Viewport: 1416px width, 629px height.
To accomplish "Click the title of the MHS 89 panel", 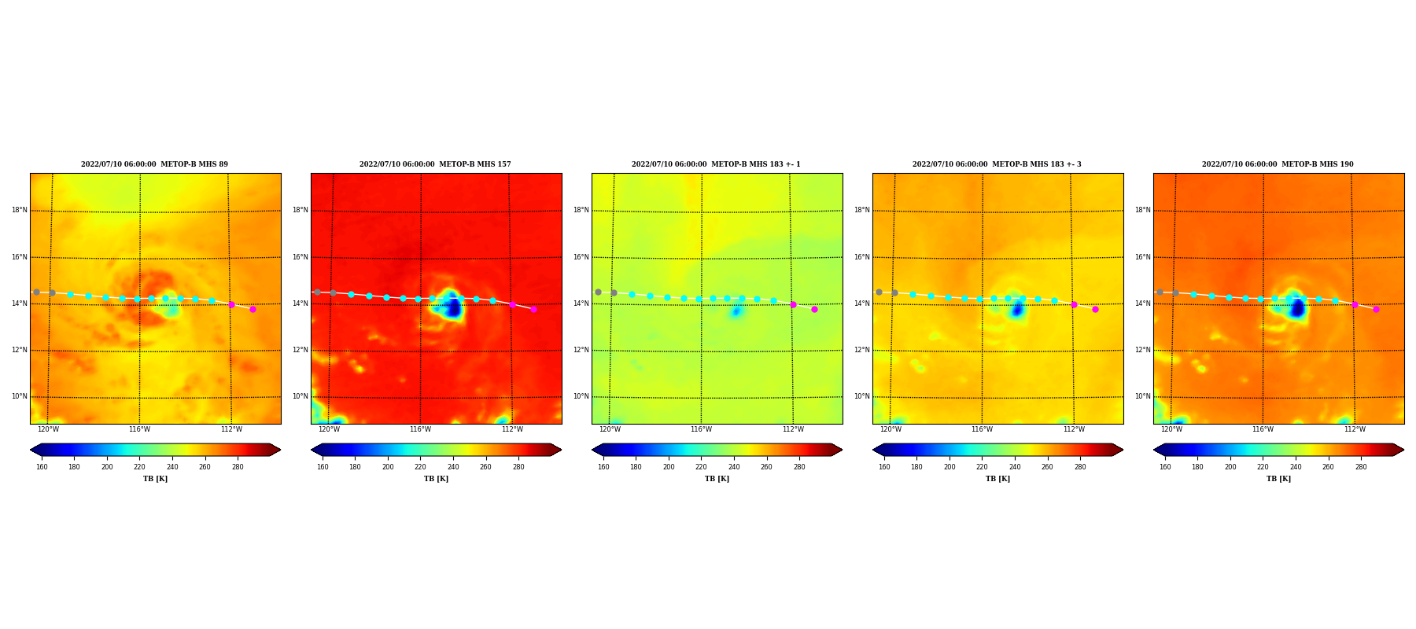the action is (154, 164).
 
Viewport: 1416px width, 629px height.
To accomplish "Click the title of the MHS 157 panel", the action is (435, 164).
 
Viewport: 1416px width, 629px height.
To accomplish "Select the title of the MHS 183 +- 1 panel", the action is (716, 164).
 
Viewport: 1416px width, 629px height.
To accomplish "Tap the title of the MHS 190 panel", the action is (1278, 164).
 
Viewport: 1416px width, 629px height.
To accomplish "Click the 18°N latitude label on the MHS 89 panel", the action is (19, 210).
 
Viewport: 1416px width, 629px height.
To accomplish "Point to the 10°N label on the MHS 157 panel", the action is (300, 396).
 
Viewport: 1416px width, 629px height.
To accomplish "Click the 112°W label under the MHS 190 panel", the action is (1355, 429).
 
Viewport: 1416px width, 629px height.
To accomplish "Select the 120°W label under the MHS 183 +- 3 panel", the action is (891, 429).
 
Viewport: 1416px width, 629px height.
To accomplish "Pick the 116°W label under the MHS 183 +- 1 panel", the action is (701, 429).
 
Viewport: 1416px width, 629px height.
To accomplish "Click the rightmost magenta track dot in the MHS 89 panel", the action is (253, 309).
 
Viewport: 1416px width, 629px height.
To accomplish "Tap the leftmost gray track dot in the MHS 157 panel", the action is (317, 292).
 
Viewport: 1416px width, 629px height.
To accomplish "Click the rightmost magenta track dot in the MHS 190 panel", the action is (1376, 309).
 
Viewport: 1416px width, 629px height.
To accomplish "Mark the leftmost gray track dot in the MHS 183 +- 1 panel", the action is (598, 292).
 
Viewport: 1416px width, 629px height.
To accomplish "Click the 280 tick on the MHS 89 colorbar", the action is (238, 467).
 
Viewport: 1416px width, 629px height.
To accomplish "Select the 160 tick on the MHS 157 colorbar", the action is (323, 467).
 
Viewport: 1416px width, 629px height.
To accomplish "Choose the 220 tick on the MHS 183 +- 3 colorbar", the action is (982, 467).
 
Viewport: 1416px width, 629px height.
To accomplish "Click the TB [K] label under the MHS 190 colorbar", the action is (1278, 479).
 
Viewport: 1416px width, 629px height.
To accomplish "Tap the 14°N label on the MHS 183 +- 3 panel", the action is (861, 303).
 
